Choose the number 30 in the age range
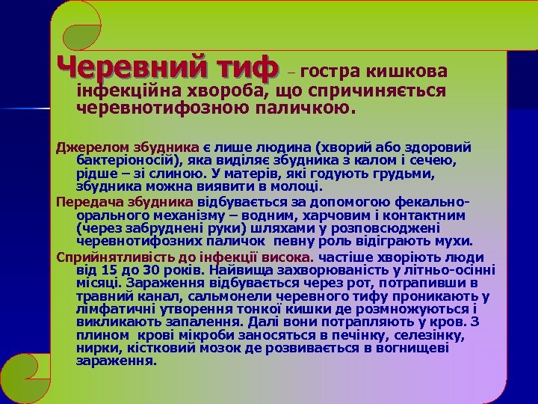click(x=153, y=269)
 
